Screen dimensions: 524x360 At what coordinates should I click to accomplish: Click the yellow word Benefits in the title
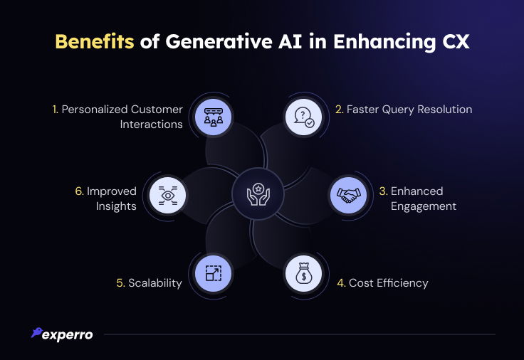point(94,41)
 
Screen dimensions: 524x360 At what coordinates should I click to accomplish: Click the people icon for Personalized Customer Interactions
point(213,117)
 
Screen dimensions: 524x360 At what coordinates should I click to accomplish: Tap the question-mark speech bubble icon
point(304,117)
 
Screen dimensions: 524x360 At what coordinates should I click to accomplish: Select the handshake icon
point(349,195)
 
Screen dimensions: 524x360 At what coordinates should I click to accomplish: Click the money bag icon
point(304,273)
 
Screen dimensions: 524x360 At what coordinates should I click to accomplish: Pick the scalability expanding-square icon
point(213,273)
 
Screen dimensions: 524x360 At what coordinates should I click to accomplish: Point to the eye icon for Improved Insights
point(168,195)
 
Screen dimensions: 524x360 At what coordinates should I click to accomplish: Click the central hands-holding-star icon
point(258,194)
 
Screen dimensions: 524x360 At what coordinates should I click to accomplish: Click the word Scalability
point(155,283)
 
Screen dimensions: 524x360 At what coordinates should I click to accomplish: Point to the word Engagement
point(424,206)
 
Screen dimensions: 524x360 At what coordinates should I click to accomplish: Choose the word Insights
point(116,206)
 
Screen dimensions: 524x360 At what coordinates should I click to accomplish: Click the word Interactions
point(152,125)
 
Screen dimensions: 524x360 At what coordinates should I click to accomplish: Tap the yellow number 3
point(383,191)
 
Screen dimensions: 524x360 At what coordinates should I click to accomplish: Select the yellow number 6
point(79,191)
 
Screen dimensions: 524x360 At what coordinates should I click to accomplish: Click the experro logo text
point(68,335)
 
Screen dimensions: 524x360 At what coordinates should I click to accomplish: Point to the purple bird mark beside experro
point(37,332)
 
